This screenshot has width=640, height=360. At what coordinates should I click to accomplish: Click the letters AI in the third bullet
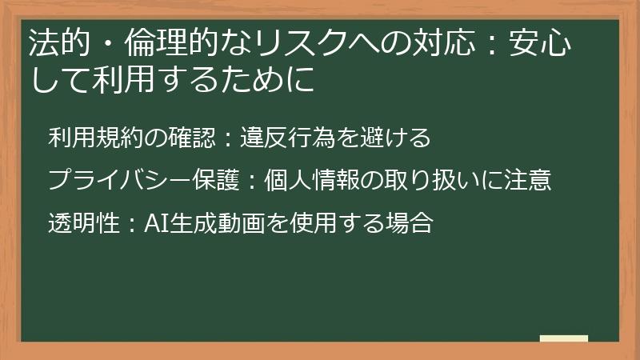click(x=154, y=222)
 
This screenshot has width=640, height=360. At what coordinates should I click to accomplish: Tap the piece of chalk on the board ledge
click(x=564, y=338)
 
